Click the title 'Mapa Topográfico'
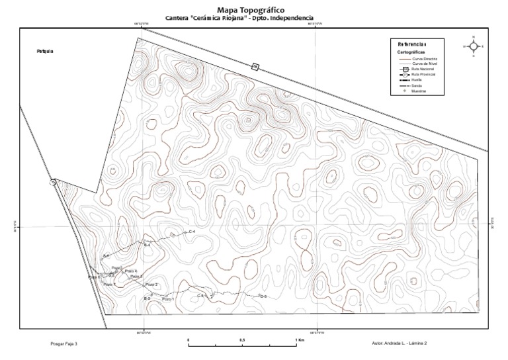pyautogui.click(x=251, y=10)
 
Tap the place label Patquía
pyautogui.click(x=45, y=51)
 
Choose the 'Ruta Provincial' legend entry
pyautogui.click(x=425, y=75)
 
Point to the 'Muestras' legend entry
pyautogui.click(x=418, y=91)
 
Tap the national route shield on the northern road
pyautogui.click(x=254, y=65)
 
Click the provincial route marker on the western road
pyautogui.click(x=52, y=183)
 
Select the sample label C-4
pyautogui.click(x=192, y=232)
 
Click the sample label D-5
pyautogui.click(x=263, y=296)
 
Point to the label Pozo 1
pyautogui.click(x=168, y=300)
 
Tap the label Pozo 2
pyautogui.click(x=151, y=285)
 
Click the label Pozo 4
pyautogui.click(x=131, y=271)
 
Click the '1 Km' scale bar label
pyautogui.click(x=300, y=340)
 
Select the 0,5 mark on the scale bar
pyautogui.click(x=242, y=340)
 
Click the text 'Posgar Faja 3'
pyautogui.click(x=64, y=344)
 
